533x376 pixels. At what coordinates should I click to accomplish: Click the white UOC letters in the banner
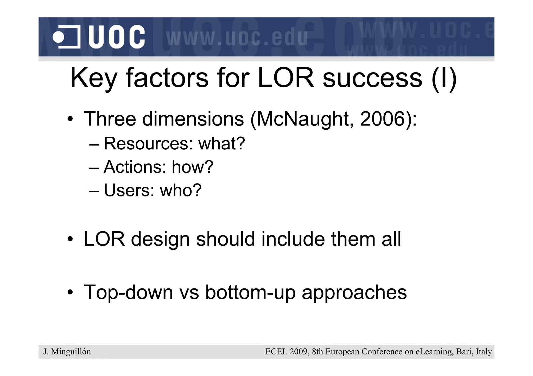(x=116, y=37)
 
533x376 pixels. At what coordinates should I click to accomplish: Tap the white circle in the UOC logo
(x=58, y=37)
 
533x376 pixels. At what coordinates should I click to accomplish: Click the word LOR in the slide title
(x=286, y=78)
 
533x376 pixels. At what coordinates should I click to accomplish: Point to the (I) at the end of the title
(x=444, y=78)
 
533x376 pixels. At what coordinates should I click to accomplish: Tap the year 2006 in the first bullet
(x=382, y=119)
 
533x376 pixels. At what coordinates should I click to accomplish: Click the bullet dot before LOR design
(x=70, y=239)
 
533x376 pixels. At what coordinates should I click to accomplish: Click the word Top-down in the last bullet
(x=128, y=292)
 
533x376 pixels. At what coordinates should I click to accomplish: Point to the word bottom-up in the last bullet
(x=250, y=292)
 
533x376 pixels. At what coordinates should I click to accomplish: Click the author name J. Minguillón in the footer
(x=67, y=352)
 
